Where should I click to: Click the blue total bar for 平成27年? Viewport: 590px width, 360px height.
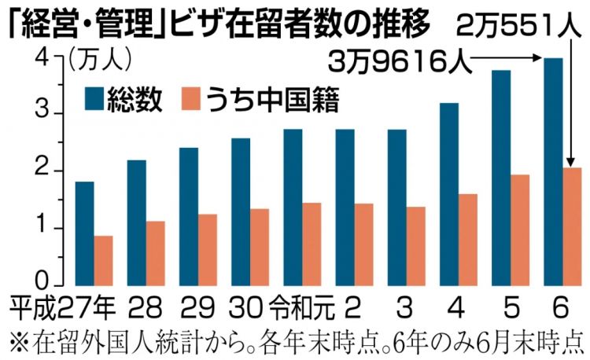click(x=85, y=232)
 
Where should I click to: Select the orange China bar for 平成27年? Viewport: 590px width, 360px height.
click(x=103, y=259)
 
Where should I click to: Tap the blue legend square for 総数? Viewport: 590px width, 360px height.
click(x=98, y=100)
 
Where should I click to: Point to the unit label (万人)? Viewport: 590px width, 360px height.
click(x=101, y=57)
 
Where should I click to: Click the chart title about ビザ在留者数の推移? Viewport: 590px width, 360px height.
click(x=217, y=23)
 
